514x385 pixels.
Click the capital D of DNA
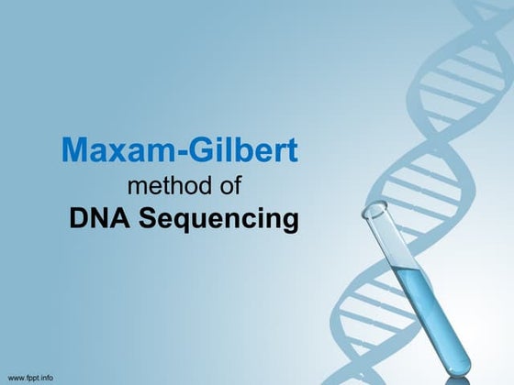click(77, 220)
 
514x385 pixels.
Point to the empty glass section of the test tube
click(392, 240)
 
